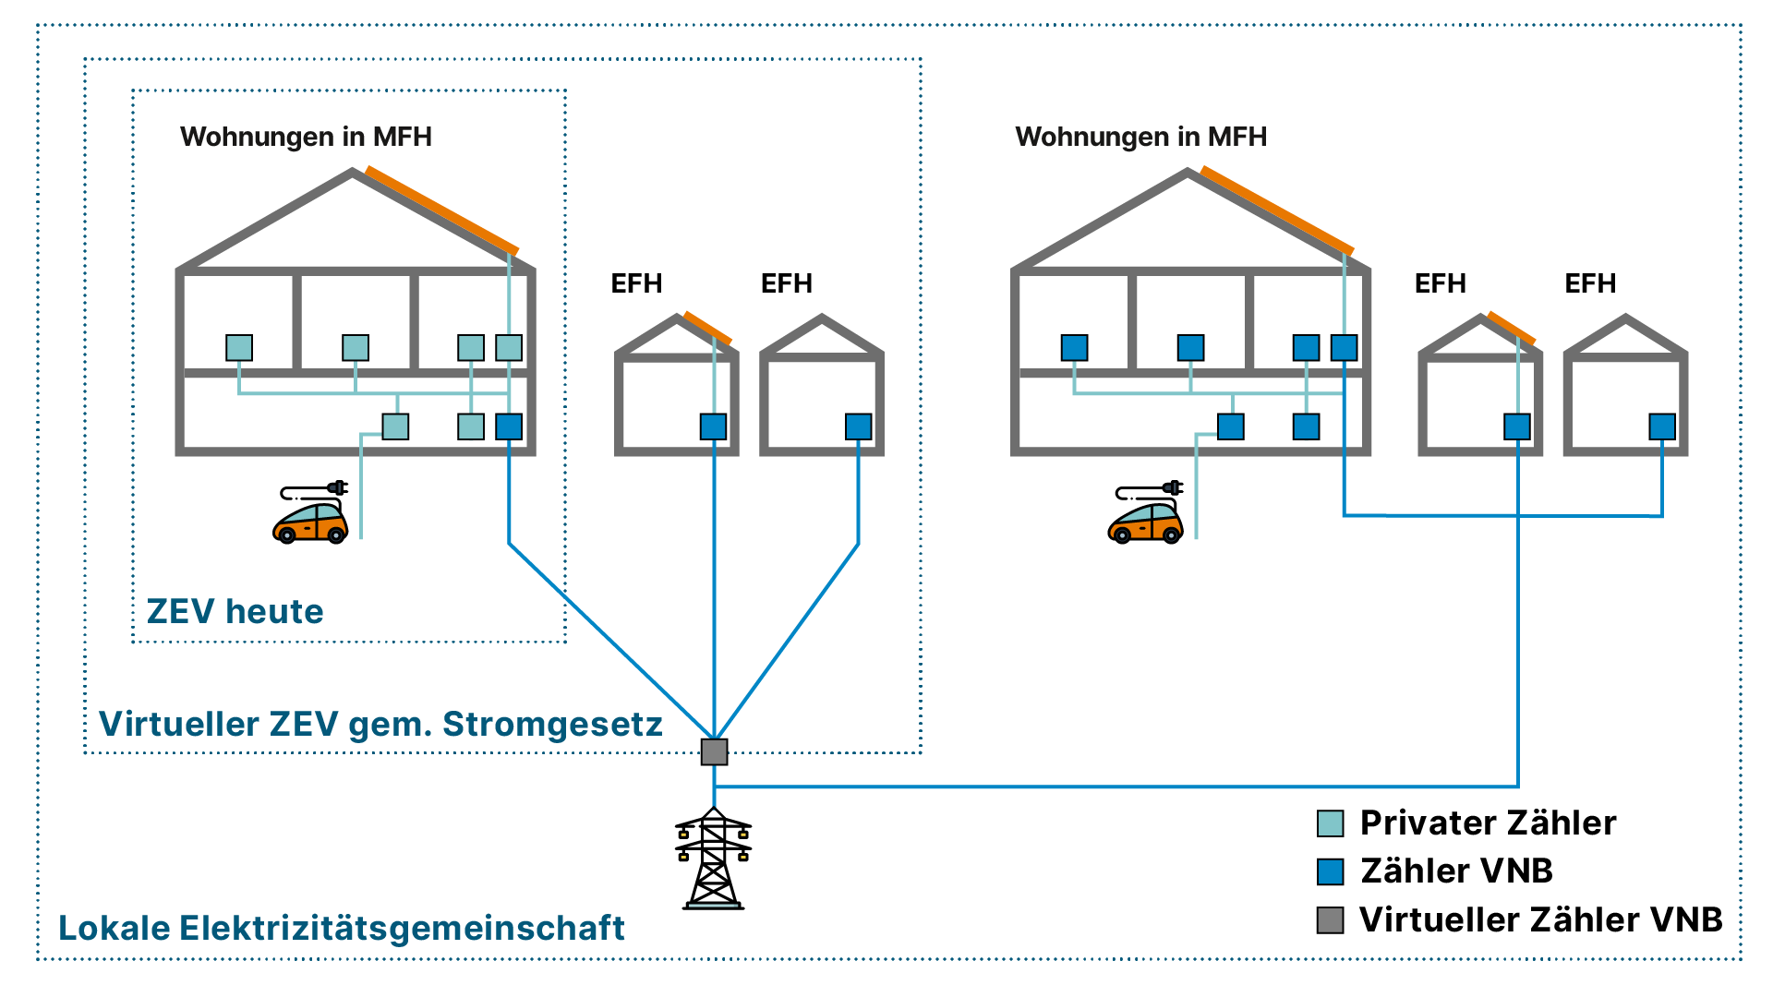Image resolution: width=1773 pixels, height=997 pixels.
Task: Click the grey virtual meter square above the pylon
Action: (714, 751)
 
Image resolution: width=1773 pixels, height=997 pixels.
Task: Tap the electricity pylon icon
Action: (713, 859)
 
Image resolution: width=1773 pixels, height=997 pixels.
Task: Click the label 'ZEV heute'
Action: (235, 611)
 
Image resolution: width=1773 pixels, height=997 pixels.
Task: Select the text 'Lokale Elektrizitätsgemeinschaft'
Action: (342, 928)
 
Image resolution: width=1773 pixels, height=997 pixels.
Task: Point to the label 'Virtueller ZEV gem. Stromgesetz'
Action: (380, 724)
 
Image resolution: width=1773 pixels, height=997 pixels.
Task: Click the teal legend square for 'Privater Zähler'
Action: (1330, 823)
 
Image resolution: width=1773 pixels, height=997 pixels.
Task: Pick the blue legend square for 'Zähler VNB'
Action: (1330, 871)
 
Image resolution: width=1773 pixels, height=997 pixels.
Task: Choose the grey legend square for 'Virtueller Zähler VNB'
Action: (1330, 920)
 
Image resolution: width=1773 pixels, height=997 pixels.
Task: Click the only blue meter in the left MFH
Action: (509, 426)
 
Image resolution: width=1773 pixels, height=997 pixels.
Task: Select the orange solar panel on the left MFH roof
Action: (442, 210)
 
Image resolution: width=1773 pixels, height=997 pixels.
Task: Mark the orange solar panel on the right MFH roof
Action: (1277, 210)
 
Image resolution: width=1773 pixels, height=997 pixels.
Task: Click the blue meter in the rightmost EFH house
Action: (1662, 426)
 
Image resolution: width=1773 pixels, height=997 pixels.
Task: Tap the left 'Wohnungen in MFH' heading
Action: (306, 137)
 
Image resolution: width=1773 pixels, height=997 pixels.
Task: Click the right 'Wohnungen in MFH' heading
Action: (1140, 137)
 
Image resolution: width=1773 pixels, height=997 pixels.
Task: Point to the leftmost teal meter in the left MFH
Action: (239, 348)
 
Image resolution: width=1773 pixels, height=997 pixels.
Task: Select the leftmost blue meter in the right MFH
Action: (1074, 348)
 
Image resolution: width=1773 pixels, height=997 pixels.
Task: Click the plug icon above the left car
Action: (337, 487)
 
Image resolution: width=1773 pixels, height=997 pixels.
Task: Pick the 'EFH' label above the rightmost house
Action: (1590, 283)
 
